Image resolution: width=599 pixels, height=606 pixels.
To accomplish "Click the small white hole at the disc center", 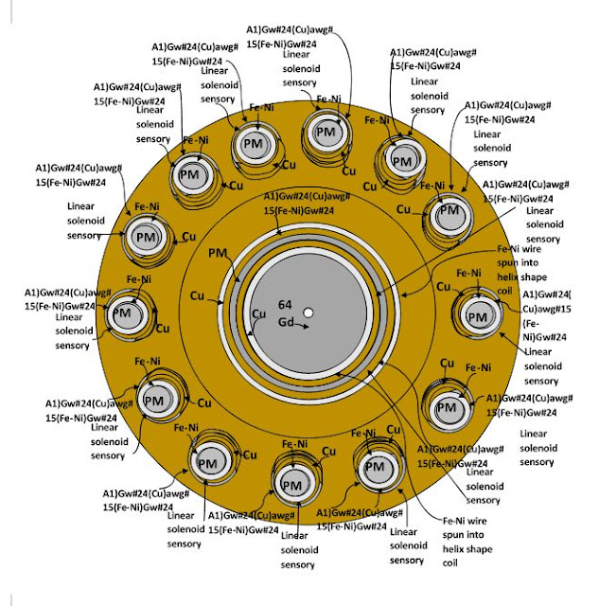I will point(308,312).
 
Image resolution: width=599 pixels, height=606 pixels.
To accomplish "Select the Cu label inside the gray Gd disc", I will point(257,313).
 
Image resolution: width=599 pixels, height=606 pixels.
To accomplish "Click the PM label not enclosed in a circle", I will point(218,254).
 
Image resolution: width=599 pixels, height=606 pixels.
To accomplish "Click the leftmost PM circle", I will point(122,312).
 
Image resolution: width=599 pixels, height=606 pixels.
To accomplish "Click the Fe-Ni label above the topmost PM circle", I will point(328,98).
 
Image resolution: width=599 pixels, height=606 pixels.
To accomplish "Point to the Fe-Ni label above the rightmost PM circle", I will point(470,273).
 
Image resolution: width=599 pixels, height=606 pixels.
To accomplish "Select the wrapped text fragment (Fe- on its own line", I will point(532,322).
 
